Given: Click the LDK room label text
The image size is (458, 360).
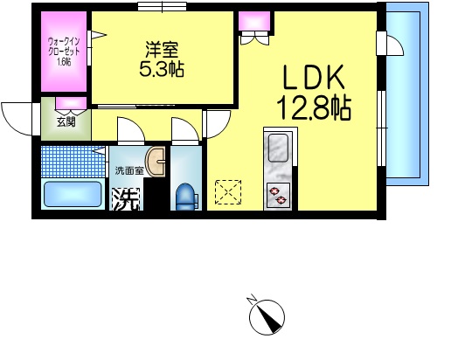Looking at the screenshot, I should [316, 80].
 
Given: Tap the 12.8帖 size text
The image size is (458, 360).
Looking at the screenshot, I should [316, 109].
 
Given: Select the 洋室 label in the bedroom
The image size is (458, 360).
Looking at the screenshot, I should [162, 51].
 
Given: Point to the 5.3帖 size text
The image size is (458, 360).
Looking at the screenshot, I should [162, 70].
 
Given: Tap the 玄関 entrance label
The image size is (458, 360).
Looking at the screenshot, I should [66, 121].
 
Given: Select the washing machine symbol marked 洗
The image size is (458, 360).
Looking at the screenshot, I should [125, 199].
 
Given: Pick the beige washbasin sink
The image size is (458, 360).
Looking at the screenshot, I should [157, 162].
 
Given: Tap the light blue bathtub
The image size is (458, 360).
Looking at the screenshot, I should [73, 194].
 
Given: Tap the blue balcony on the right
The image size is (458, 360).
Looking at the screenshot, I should [408, 96].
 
